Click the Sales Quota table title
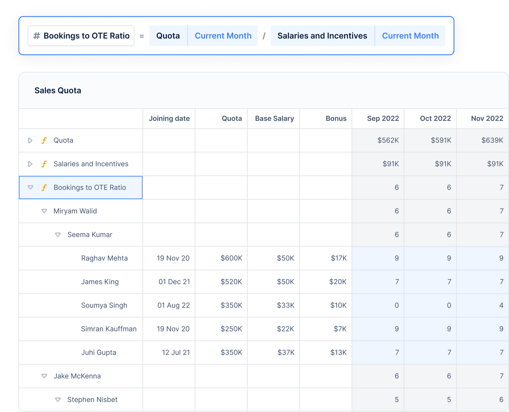[x=58, y=90]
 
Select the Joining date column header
[x=169, y=118]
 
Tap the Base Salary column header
[x=274, y=118]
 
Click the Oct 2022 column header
[x=435, y=118]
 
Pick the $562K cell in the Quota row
[x=388, y=140]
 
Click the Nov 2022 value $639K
[x=492, y=140]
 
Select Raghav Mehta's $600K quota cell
[x=231, y=258]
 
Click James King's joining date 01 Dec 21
[x=174, y=282]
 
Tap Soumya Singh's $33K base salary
[x=285, y=305]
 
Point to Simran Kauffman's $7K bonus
[x=340, y=329]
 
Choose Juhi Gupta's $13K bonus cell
[x=338, y=352]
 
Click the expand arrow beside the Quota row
[x=30, y=140]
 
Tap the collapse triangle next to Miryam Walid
[x=44, y=211]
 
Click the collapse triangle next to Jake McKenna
[x=44, y=376]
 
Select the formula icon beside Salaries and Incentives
[x=44, y=164]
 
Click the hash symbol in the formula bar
[x=37, y=36]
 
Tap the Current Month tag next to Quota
[x=223, y=36]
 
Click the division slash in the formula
[x=264, y=36]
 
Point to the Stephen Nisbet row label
[x=92, y=400]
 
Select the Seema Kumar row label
[x=90, y=235]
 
